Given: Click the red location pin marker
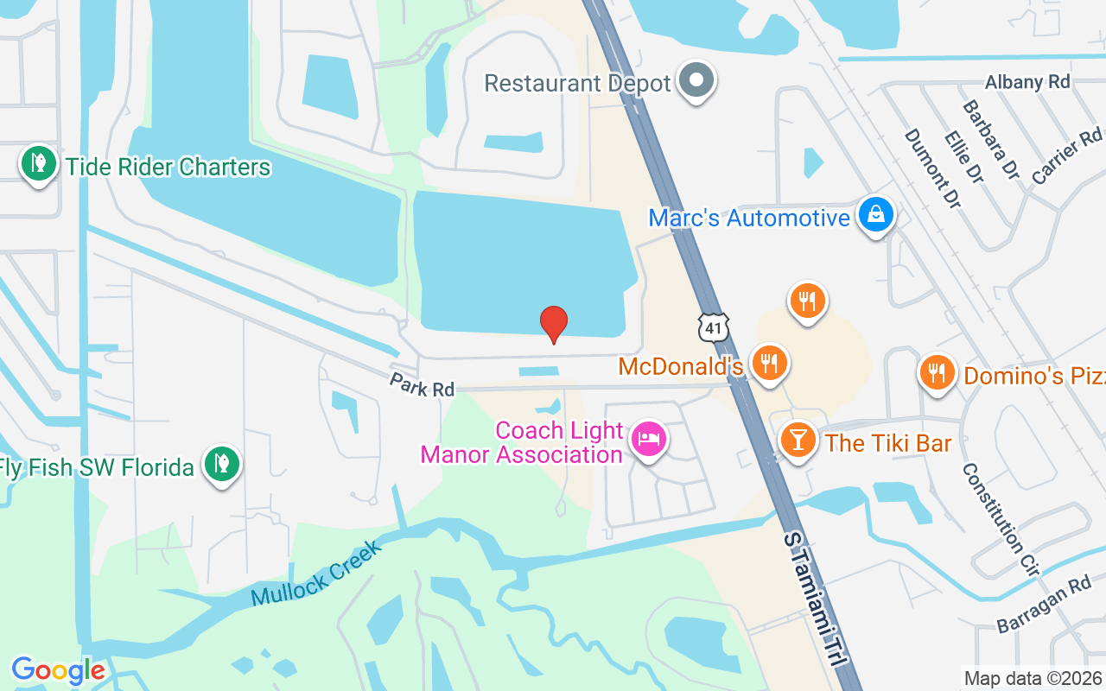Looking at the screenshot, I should click(x=554, y=324).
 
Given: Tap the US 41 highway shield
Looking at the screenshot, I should click(x=715, y=326).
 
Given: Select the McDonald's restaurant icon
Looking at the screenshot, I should click(x=768, y=363).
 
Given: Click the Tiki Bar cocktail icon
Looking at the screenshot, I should click(x=798, y=440).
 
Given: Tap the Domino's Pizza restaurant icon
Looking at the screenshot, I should click(x=937, y=372).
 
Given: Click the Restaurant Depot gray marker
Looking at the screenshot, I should click(x=696, y=81).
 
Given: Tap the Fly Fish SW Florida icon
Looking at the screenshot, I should click(x=222, y=463).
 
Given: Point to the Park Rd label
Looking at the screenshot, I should click(x=422, y=385).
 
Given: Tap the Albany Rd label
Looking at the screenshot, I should click(x=1027, y=82).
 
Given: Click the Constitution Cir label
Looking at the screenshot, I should click(x=1001, y=517).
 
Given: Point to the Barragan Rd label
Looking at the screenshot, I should click(x=1044, y=605).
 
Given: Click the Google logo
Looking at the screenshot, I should click(x=58, y=670).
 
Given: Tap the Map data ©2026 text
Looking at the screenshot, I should click(x=1033, y=678).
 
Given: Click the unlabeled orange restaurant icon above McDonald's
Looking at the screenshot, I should click(x=807, y=301).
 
